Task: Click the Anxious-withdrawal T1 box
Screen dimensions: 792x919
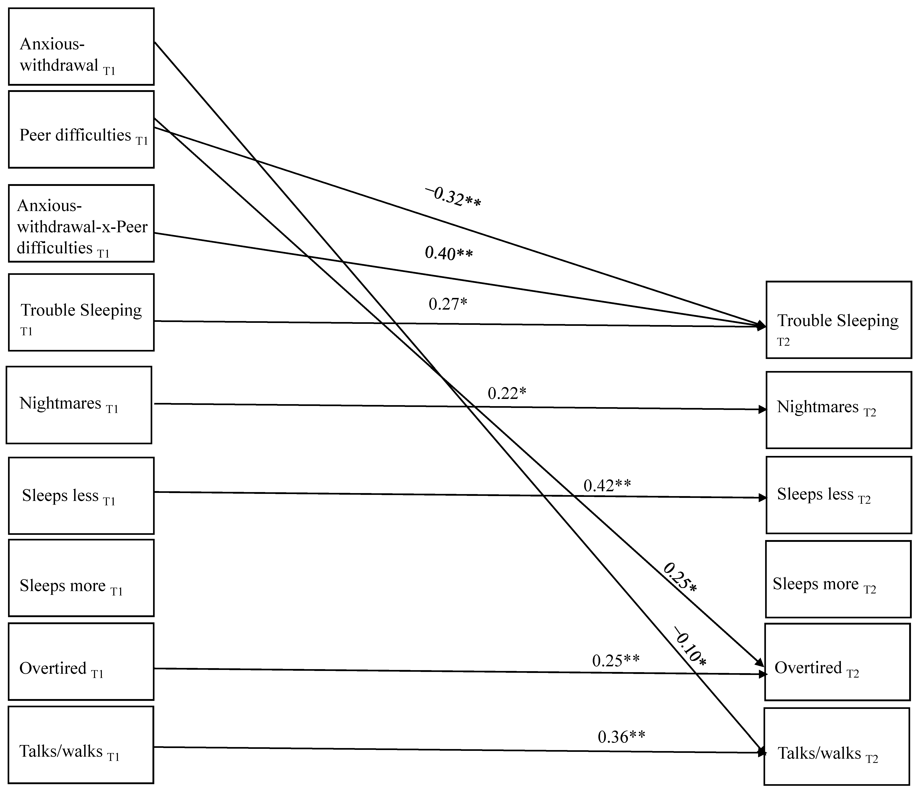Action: (x=81, y=47)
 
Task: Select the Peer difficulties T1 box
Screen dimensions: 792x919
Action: (x=81, y=129)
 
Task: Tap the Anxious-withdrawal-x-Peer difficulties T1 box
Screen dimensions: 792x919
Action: (x=81, y=223)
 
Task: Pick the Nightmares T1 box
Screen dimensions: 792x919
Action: (x=79, y=405)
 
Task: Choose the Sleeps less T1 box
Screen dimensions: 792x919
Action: (x=81, y=495)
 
